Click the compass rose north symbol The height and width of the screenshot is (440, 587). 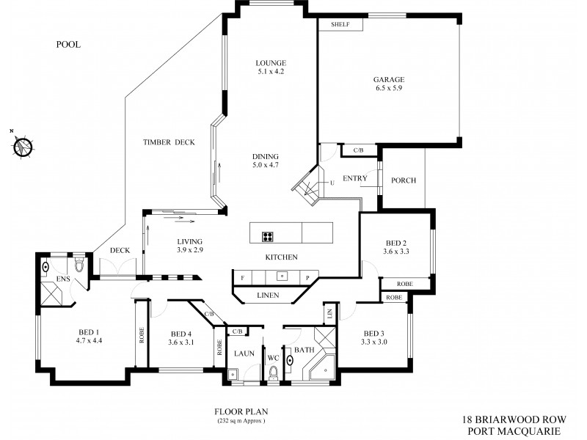(23, 146)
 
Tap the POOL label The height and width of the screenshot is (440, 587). (68, 45)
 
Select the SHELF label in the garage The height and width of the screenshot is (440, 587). (340, 25)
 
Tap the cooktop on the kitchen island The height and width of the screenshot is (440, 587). (269, 236)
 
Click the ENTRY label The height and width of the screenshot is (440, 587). (355, 178)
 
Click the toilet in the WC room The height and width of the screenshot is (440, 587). (274, 375)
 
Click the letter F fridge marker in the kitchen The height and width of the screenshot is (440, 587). (241, 277)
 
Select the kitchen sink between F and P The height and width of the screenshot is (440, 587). (280, 276)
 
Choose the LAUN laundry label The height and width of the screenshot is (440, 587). (244, 353)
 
